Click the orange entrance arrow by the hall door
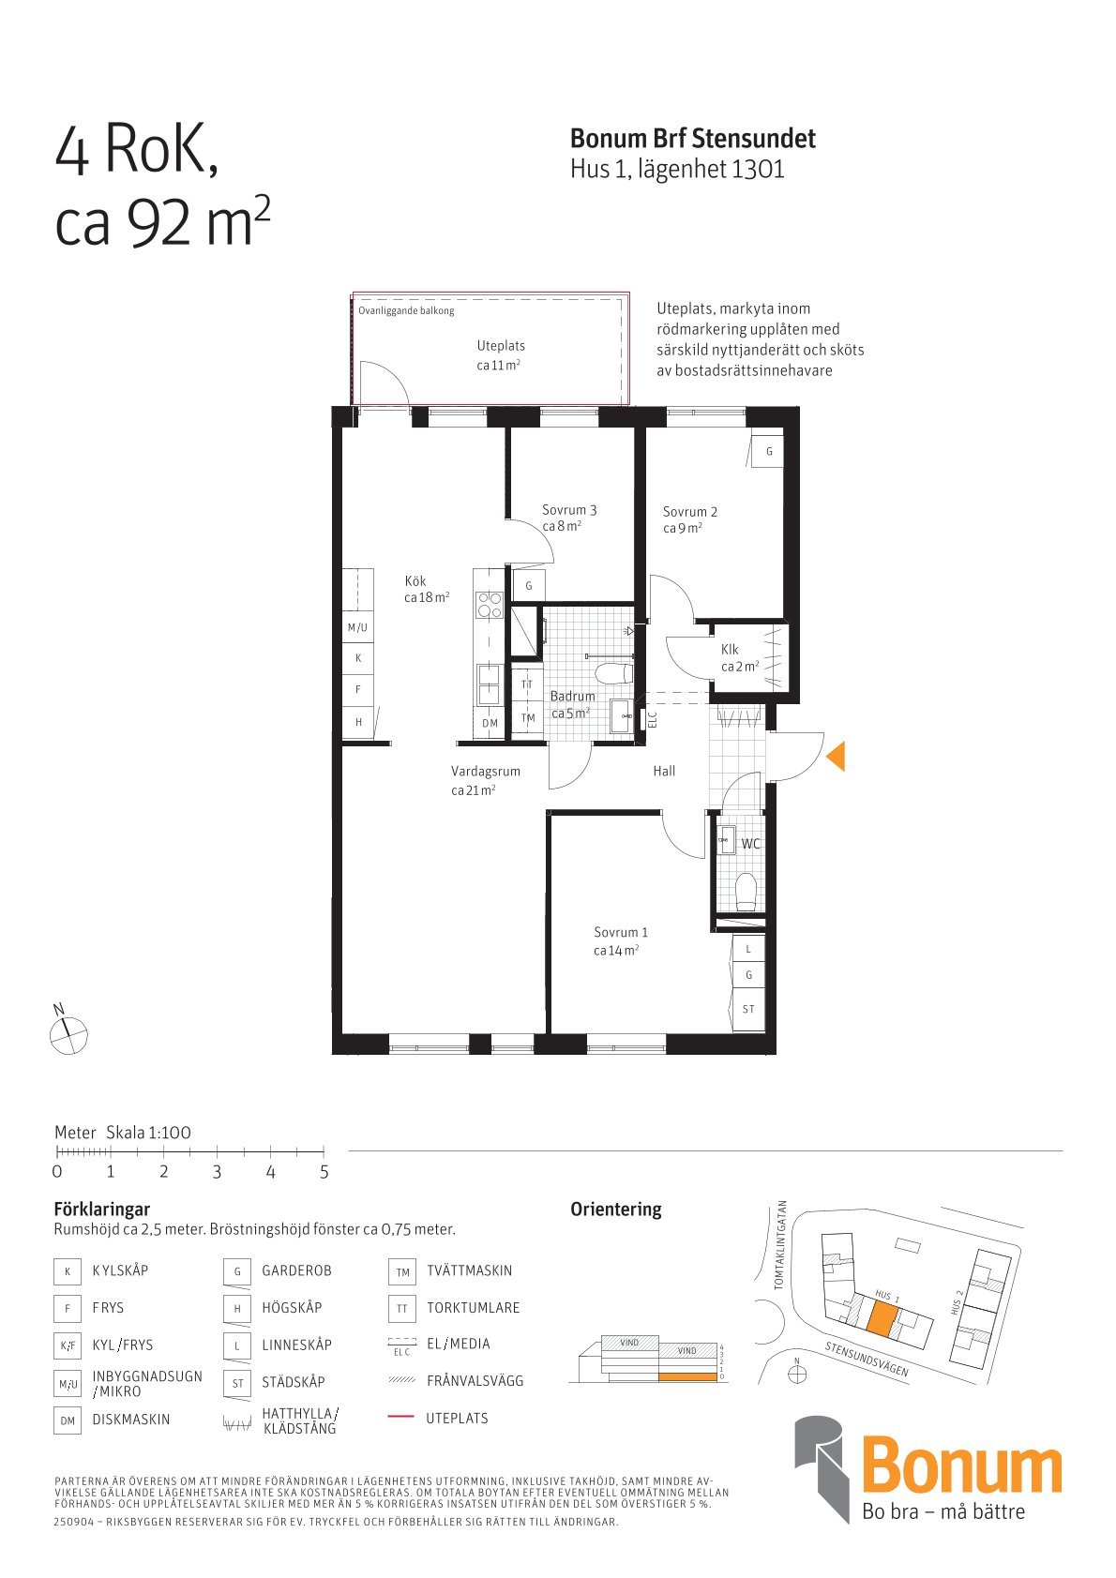pos(837,756)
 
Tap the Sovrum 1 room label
pos(620,932)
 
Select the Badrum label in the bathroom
pos(572,696)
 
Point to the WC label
pos(750,843)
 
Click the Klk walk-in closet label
pos(730,650)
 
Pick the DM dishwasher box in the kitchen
pos(490,723)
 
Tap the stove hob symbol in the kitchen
pos(490,605)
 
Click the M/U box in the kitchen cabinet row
pos(358,627)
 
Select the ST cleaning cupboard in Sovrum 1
pos(748,1009)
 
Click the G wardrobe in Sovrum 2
pos(769,451)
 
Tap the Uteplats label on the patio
pos(500,346)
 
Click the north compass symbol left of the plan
pos(68,1035)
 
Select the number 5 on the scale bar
pos(324,1171)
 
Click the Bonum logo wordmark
pos(961,1468)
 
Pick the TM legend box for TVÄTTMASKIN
pos(402,1271)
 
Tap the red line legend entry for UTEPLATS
pos(400,1418)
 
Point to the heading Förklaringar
pos(102,1209)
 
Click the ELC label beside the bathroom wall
pos(653,719)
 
